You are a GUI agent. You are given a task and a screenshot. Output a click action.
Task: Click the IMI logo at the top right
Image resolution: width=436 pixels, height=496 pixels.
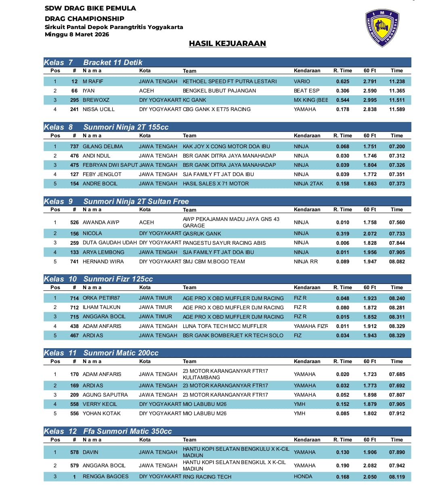(x=382, y=28)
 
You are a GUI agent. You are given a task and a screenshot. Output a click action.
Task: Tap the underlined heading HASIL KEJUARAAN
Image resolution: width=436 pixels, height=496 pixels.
(x=227, y=44)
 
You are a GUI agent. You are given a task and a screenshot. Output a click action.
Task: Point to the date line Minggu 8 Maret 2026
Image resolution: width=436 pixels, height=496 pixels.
(x=77, y=34)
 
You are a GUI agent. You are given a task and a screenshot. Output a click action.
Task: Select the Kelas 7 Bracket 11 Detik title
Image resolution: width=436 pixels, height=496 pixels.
(x=93, y=63)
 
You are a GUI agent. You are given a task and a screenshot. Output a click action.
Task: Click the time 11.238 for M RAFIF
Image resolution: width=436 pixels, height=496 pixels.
(x=397, y=81)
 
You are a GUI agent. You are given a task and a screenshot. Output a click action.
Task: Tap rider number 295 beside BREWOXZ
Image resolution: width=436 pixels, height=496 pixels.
(x=74, y=100)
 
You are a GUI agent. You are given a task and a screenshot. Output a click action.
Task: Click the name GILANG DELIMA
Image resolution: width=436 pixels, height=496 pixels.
(x=103, y=146)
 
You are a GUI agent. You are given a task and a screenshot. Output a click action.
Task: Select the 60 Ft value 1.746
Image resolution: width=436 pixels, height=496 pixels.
(x=370, y=156)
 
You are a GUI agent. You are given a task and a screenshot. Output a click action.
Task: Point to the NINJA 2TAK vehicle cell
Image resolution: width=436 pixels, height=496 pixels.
(x=308, y=183)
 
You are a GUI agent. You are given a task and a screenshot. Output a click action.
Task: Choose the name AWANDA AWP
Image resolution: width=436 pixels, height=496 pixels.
(x=101, y=222)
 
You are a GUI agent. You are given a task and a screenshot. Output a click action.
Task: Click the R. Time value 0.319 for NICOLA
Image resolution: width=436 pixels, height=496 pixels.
(x=343, y=233)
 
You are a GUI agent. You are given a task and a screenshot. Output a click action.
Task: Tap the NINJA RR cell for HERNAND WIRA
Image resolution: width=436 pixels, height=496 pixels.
(x=306, y=261)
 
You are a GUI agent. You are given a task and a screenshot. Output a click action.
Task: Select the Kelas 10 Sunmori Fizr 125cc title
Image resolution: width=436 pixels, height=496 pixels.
(x=99, y=279)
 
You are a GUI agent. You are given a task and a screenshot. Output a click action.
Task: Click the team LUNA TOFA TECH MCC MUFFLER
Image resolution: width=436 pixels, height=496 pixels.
(x=225, y=326)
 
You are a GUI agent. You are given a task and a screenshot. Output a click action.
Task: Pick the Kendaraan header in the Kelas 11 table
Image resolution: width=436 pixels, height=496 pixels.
(x=307, y=361)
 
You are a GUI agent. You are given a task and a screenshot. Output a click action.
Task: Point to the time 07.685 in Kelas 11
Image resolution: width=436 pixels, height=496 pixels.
(x=397, y=374)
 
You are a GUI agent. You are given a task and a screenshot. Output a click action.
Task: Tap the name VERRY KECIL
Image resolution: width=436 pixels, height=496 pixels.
(x=100, y=404)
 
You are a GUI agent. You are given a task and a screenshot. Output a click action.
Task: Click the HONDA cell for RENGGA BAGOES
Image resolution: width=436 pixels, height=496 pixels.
(x=303, y=477)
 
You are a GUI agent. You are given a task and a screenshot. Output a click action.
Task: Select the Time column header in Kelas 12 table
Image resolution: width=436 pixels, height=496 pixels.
(x=397, y=440)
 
